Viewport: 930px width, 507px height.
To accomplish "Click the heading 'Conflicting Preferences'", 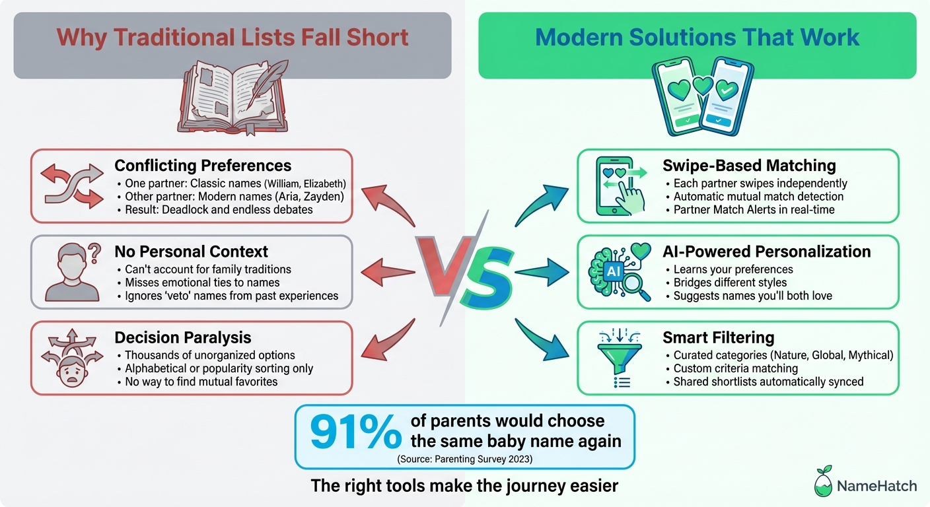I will [x=203, y=165].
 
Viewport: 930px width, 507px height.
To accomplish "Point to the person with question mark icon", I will [x=71, y=271].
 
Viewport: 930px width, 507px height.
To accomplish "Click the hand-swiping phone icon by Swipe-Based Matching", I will [x=617, y=186].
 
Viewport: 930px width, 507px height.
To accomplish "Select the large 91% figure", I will [x=355, y=433].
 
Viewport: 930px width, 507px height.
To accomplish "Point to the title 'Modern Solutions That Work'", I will [x=697, y=37].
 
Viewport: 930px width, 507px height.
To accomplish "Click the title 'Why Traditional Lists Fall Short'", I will [x=232, y=37].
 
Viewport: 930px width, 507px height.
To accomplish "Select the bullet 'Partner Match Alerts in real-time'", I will [x=754, y=209].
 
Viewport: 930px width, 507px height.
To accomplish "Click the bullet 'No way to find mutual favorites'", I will [x=201, y=382].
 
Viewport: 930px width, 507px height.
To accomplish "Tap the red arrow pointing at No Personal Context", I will [x=388, y=271].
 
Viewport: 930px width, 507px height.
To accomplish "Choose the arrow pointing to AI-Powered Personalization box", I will [x=541, y=271].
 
